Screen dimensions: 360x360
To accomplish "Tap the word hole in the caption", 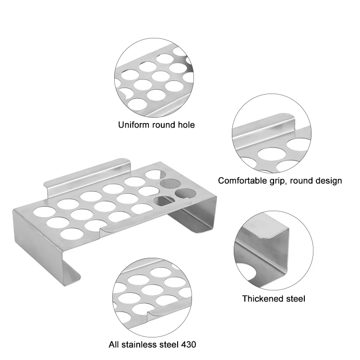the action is point(186,125).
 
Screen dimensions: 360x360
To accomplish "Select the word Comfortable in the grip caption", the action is point(242,180).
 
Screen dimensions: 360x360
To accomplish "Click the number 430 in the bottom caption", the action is point(189,345).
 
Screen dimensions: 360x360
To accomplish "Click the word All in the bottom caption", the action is point(114,345).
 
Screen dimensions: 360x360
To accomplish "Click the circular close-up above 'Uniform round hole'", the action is point(154,78).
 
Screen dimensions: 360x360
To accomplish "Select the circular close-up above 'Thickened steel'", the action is point(274,251).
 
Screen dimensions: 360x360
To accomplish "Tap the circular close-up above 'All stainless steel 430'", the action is point(152,297).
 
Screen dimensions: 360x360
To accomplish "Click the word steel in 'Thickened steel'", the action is point(296,299).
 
